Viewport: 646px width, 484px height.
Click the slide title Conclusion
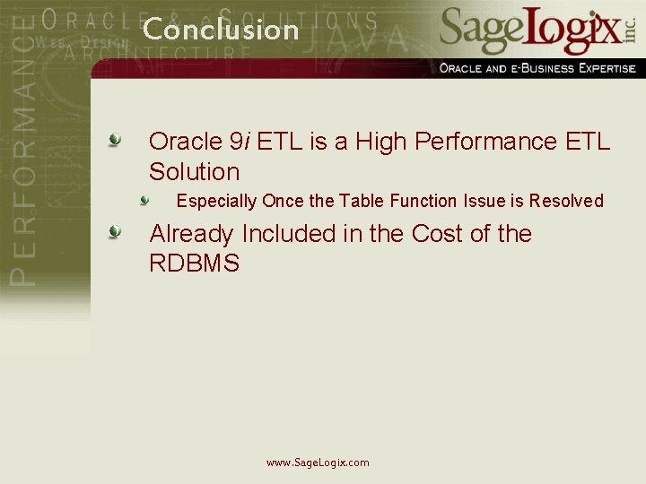[221, 30]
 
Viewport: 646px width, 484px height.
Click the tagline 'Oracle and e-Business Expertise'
[537, 68]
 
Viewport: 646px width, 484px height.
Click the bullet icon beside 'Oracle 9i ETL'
[115, 140]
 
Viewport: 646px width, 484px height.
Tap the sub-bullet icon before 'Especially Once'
[144, 200]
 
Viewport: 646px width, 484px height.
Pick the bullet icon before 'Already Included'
[115, 233]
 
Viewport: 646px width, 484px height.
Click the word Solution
[194, 172]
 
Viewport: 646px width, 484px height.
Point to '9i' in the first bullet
[240, 142]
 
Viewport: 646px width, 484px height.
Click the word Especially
[216, 202]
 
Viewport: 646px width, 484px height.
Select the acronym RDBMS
[194, 264]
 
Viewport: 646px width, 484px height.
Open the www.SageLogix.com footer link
[318, 462]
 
